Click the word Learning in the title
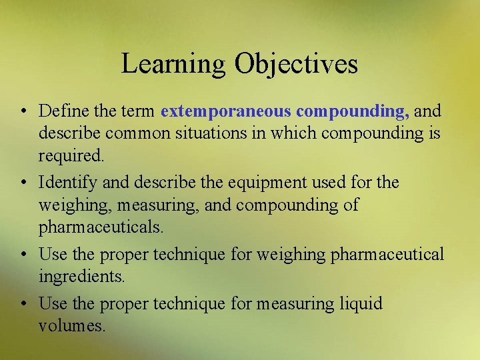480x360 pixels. [174, 64]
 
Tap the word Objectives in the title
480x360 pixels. [296, 64]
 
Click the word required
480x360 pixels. [71, 157]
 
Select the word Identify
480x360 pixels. [67, 181]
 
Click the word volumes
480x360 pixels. [72, 327]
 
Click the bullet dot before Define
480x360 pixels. [23, 110]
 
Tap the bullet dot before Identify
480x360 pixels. [23, 182]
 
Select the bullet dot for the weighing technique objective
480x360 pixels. [23, 254]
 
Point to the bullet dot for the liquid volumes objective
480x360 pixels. [23, 304]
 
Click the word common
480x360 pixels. [141, 133]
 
